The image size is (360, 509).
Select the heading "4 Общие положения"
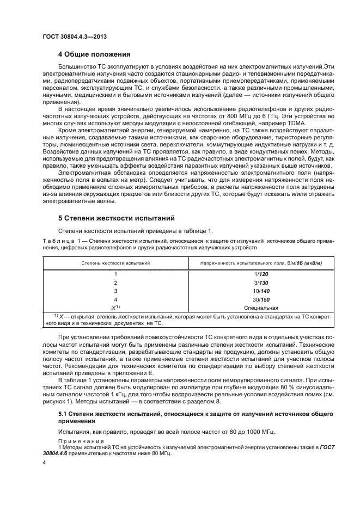[94, 54]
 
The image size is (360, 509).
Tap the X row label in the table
[114, 308]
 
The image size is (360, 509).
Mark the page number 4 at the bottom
[44, 462]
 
